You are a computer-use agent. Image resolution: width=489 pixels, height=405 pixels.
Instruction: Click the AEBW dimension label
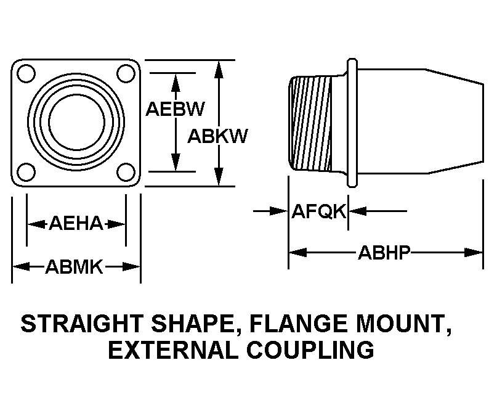point(174,108)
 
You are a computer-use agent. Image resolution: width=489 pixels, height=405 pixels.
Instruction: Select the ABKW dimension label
point(217,136)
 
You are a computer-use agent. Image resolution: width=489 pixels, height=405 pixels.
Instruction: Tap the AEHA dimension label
point(76,224)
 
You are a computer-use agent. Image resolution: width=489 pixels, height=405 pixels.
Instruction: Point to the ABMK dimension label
point(76,267)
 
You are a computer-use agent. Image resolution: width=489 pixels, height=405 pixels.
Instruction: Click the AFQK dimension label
point(319,211)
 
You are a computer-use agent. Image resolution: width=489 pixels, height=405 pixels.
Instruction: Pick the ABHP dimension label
point(384,252)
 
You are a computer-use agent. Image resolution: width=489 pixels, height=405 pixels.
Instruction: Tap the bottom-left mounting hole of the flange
point(25,171)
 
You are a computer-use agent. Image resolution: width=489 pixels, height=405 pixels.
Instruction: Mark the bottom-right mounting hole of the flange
point(126,171)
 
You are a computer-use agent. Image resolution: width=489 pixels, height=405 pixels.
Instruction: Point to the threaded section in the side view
point(313,123)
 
